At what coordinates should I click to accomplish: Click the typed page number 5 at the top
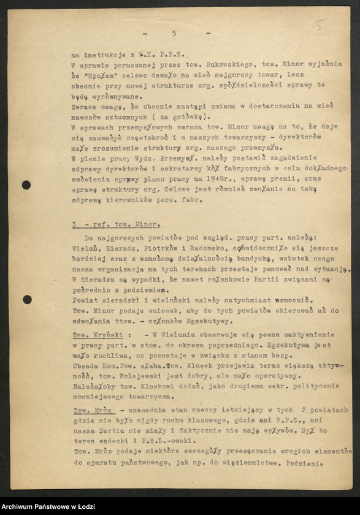[174, 33]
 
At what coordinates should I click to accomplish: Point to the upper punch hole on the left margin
[26, 185]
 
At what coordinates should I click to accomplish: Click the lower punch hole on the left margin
[27, 300]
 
